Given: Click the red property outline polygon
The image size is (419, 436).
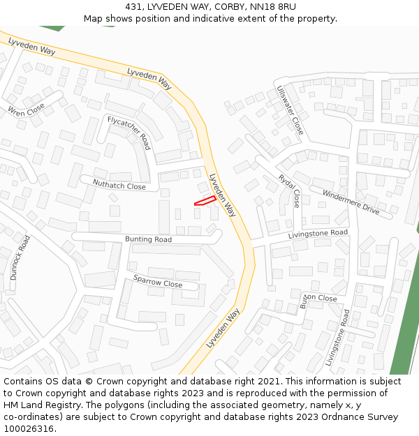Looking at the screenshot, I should [x=204, y=201].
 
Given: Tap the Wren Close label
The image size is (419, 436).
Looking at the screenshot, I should [x=26, y=109].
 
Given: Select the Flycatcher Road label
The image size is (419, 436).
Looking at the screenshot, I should [x=128, y=133].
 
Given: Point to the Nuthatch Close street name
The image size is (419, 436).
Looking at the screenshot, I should [x=119, y=186].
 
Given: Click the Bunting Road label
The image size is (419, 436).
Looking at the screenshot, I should [x=148, y=239].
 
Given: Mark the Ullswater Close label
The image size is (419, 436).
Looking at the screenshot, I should [x=290, y=110].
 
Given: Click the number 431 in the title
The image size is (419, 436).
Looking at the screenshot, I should [x=135, y=6].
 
